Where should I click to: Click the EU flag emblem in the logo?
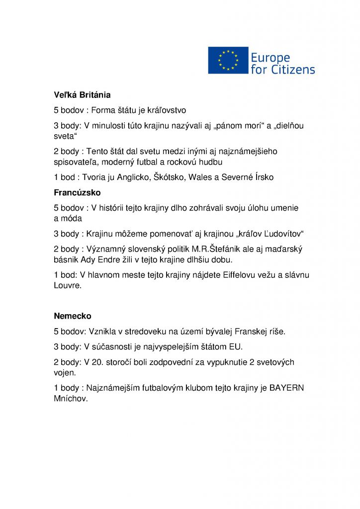228,61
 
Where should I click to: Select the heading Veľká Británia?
82,94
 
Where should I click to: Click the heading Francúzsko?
77,192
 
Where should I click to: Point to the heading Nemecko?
73,316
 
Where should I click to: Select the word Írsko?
263,177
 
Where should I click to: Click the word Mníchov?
71,399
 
